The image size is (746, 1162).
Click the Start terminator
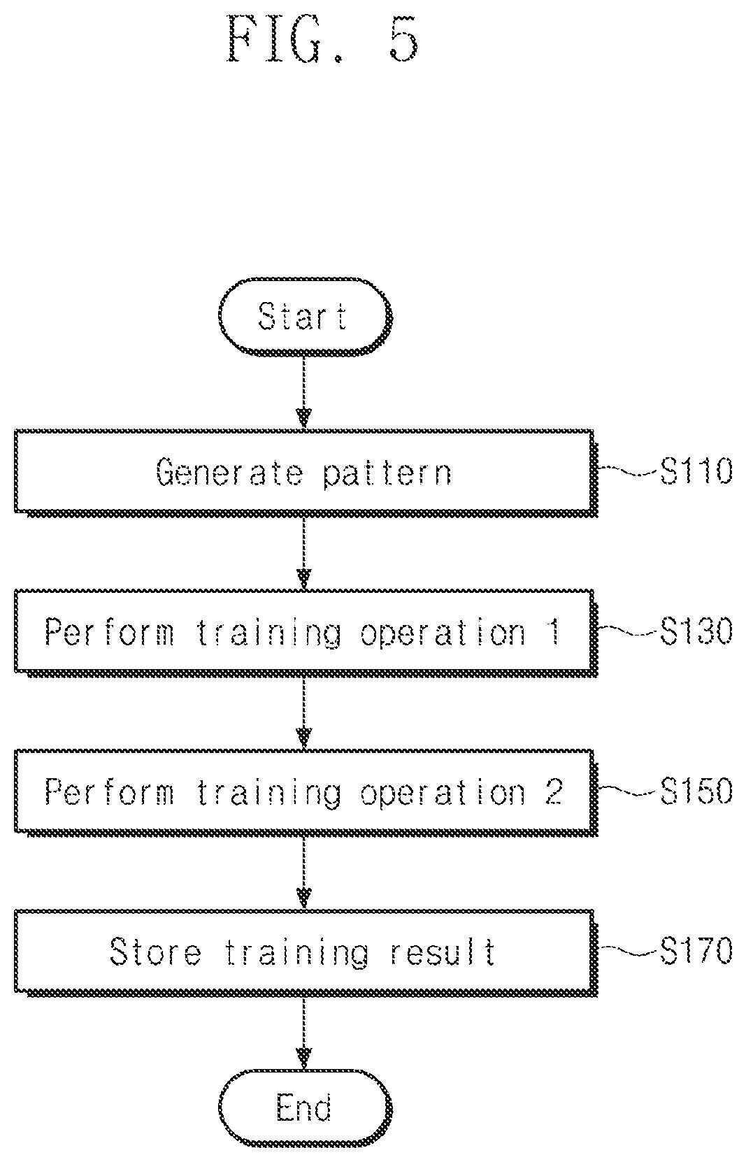[x=305, y=317]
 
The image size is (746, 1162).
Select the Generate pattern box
[x=306, y=473]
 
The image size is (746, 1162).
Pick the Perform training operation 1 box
[x=306, y=633]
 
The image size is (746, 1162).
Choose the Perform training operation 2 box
[x=306, y=793]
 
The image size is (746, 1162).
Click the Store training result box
[x=306, y=953]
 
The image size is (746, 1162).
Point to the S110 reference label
[x=696, y=471]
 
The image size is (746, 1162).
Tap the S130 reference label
[x=696, y=631]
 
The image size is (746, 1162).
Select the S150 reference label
[x=696, y=791]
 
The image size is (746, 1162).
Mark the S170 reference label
[x=696, y=950]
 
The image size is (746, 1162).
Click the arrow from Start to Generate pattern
[x=304, y=393]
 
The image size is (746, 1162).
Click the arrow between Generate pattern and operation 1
[x=304, y=554]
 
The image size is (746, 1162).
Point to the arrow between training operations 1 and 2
[x=304, y=713]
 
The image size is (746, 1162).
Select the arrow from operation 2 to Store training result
[x=304, y=873]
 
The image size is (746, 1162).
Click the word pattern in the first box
[x=387, y=473]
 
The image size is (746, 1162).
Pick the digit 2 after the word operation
[x=554, y=791]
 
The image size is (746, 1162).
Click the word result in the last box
[x=443, y=952]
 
